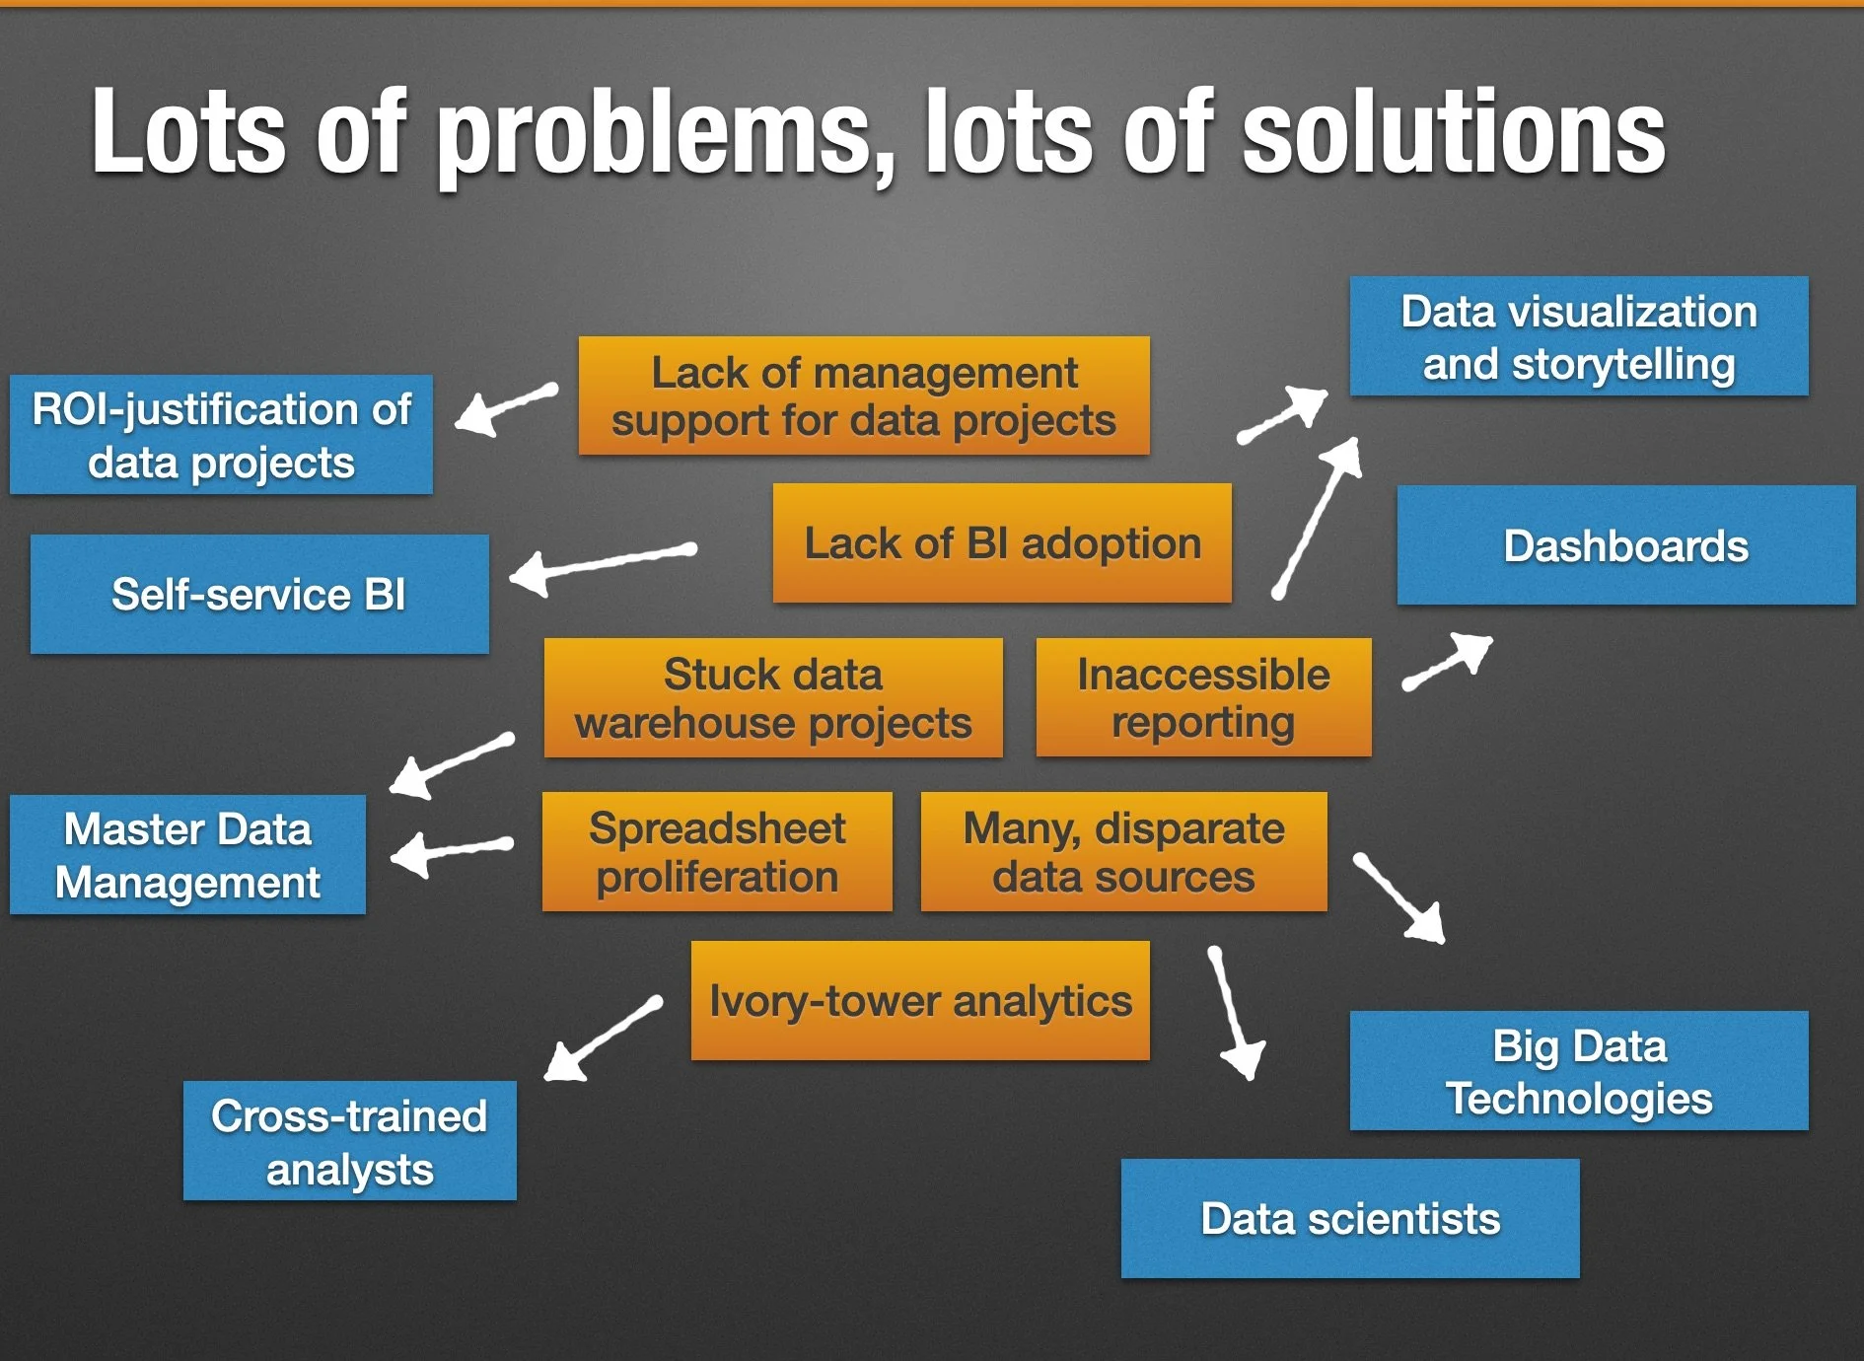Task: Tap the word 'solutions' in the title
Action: (x=1454, y=133)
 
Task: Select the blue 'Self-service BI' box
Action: (x=259, y=594)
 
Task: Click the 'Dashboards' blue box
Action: (x=1625, y=545)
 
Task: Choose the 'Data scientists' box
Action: (x=1350, y=1219)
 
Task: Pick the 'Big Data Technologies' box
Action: (x=1579, y=1071)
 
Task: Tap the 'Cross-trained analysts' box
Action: (x=349, y=1141)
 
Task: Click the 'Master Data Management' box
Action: (x=187, y=855)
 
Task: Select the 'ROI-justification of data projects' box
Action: (x=221, y=435)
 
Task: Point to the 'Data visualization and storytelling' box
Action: (x=1579, y=336)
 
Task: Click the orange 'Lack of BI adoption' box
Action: (x=1002, y=543)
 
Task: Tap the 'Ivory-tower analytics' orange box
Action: (x=920, y=1001)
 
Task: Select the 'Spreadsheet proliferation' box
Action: (x=717, y=852)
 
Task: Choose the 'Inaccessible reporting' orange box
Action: (x=1203, y=698)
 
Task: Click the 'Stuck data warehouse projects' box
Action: (x=773, y=698)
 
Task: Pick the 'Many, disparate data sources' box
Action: (x=1123, y=852)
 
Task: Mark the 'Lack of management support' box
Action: (x=864, y=395)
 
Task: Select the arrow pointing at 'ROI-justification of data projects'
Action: (x=506, y=406)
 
